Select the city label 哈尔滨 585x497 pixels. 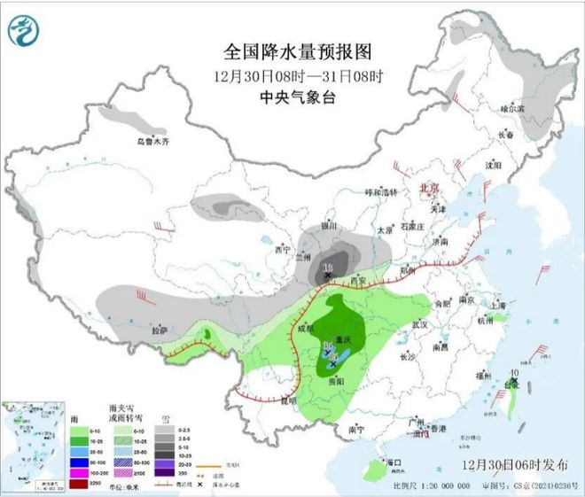[513, 108]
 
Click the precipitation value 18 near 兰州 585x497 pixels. [329, 267]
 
